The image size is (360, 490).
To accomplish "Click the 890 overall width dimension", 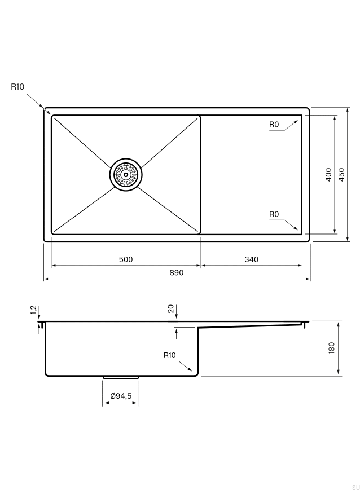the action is click(x=177, y=272).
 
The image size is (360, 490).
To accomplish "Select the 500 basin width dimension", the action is click(x=126, y=259).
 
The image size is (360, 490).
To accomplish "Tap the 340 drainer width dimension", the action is click(x=252, y=259).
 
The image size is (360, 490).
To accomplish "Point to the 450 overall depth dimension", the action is click(x=341, y=174).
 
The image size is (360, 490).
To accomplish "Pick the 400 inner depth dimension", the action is click(x=328, y=174).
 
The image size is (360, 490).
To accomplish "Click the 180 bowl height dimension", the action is click(x=332, y=348).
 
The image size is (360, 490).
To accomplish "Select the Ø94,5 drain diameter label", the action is click(x=121, y=396).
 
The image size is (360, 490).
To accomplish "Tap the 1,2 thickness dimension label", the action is click(x=34, y=310).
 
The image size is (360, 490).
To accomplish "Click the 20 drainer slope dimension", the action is click(x=171, y=309).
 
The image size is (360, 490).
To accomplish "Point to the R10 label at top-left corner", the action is click(x=17, y=87).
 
